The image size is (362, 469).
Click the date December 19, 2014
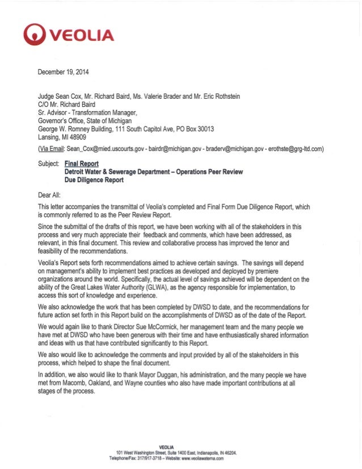[x=62, y=72]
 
